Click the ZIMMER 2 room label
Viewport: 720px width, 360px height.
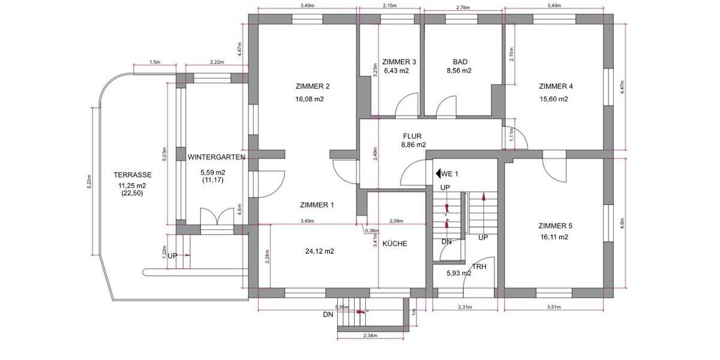313,86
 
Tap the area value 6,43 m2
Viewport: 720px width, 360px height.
396,71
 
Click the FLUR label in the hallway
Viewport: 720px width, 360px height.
412,136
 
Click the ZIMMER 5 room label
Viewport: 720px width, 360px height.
555,226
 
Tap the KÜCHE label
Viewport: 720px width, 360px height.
394,244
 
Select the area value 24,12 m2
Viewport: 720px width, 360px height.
320,251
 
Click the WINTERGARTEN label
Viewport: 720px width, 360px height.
216,157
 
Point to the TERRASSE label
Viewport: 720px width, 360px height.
132,175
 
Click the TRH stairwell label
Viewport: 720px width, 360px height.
479,266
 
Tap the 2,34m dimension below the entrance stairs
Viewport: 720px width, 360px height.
370,336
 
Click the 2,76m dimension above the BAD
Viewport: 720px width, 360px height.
463,7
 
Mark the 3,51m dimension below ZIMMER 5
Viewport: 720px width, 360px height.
554,307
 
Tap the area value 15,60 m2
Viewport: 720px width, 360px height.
553,100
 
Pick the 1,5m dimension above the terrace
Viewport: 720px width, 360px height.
154,62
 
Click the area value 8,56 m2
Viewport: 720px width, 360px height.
459,71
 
